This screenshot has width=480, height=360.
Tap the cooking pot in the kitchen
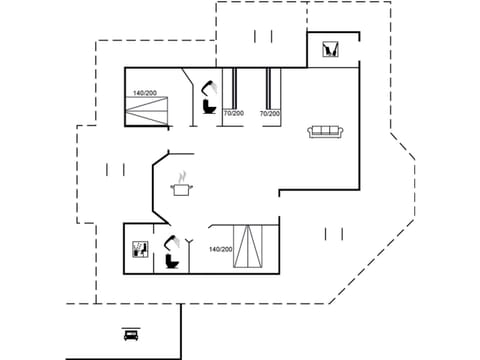click(182, 188)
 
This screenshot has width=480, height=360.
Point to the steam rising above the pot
click(182, 175)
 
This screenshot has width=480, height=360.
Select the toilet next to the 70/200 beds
click(209, 104)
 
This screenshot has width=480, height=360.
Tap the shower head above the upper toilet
click(207, 87)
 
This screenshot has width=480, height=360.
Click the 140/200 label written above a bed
click(144, 94)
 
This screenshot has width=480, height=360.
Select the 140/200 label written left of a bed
click(220, 249)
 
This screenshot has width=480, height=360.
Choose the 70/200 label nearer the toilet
click(233, 114)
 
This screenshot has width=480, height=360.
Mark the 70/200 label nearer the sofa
click(270, 114)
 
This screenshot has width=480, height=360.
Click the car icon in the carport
click(130, 335)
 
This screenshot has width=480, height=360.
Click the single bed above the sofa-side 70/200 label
click(270, 88)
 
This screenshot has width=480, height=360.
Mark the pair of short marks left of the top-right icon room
click(263, 37)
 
